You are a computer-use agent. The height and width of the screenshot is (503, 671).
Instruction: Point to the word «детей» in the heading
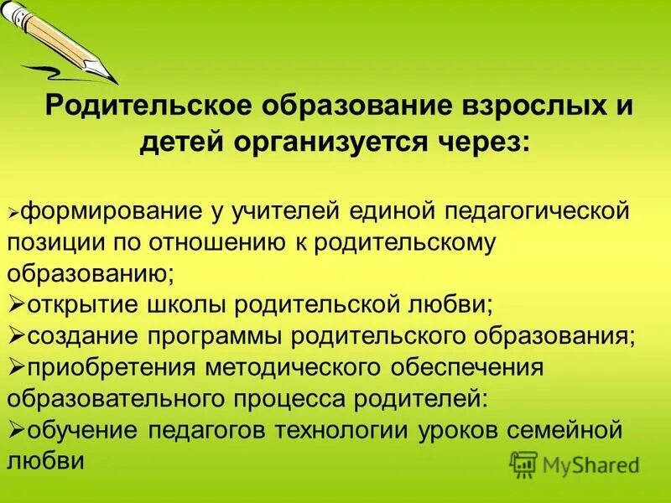point(179,143)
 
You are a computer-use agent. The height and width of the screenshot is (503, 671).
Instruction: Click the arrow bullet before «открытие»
point(17,305)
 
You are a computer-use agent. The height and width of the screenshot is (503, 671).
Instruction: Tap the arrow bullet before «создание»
point(17,336)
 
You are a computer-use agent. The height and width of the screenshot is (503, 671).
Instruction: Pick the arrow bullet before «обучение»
point(17,430)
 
